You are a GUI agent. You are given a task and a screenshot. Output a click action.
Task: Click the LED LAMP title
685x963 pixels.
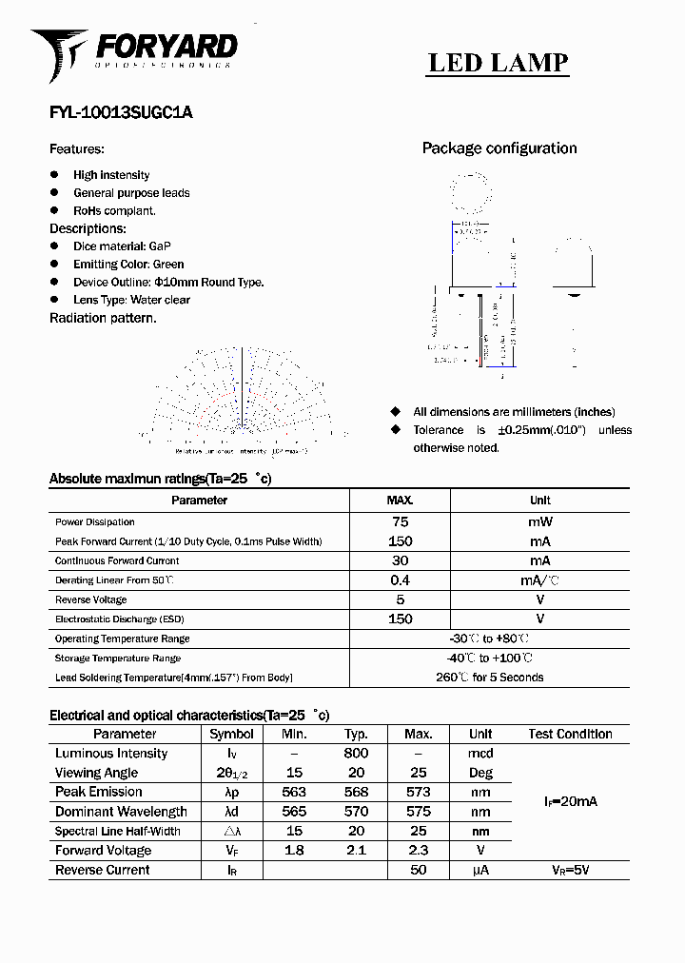498,63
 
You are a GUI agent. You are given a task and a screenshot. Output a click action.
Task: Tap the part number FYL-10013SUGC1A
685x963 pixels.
121,112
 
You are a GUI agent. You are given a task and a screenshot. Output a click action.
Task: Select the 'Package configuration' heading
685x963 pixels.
499,148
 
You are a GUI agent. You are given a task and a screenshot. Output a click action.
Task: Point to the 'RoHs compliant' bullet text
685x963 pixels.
114,210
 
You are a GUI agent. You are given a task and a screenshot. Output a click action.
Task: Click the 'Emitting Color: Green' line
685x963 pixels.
128,265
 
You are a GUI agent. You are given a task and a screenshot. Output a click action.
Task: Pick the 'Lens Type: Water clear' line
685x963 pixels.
131,300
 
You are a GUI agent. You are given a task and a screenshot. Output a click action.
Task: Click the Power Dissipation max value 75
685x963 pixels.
400,521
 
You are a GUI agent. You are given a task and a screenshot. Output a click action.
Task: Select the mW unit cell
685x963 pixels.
539,521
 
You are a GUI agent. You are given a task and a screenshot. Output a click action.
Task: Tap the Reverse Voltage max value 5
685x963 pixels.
400,599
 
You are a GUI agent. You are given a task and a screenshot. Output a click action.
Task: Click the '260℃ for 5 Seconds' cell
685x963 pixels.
490,678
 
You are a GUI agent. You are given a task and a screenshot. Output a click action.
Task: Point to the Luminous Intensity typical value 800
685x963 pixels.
357,754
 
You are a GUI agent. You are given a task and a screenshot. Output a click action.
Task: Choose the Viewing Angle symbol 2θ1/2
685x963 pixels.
231,774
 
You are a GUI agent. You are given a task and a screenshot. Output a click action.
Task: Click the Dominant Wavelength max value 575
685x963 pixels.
418,812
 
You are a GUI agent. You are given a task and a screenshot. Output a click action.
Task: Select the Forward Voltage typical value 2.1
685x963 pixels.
357,851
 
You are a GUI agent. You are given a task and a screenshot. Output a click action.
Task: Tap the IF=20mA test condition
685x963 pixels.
570,802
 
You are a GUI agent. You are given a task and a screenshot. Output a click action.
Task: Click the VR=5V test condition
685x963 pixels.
570,870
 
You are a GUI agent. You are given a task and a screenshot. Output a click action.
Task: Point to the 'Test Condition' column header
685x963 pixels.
570,734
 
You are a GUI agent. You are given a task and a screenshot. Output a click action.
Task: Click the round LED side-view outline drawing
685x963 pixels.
574,271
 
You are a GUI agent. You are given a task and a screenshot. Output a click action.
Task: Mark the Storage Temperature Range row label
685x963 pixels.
118,658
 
